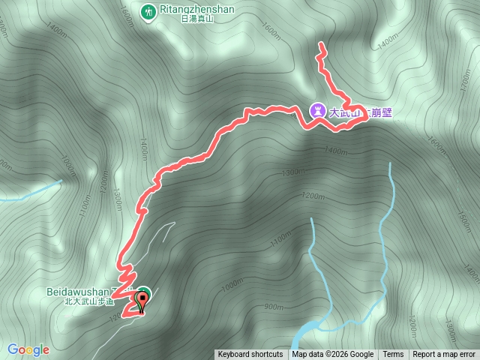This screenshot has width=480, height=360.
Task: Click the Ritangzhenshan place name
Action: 197,10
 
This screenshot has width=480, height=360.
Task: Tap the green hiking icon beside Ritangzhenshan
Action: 148,10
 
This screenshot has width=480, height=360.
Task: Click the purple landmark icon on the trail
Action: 317,111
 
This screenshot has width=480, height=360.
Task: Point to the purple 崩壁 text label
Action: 382,113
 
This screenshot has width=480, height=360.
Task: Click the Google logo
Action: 28,349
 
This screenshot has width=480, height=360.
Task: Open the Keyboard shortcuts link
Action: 250,355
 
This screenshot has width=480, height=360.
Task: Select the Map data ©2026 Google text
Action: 332,355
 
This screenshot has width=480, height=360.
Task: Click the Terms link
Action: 393,355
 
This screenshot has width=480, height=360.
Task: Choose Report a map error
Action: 444,355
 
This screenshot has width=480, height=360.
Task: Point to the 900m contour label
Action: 274,307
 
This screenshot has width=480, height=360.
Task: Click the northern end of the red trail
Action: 320,46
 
